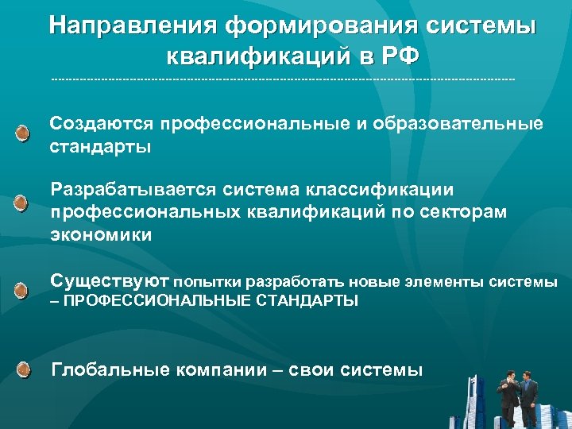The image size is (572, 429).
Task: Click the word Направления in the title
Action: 132,26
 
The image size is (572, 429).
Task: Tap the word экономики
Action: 100,236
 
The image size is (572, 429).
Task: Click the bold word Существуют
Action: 110,280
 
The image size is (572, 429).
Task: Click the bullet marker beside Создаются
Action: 24,132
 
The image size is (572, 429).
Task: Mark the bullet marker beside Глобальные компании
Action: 24,369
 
